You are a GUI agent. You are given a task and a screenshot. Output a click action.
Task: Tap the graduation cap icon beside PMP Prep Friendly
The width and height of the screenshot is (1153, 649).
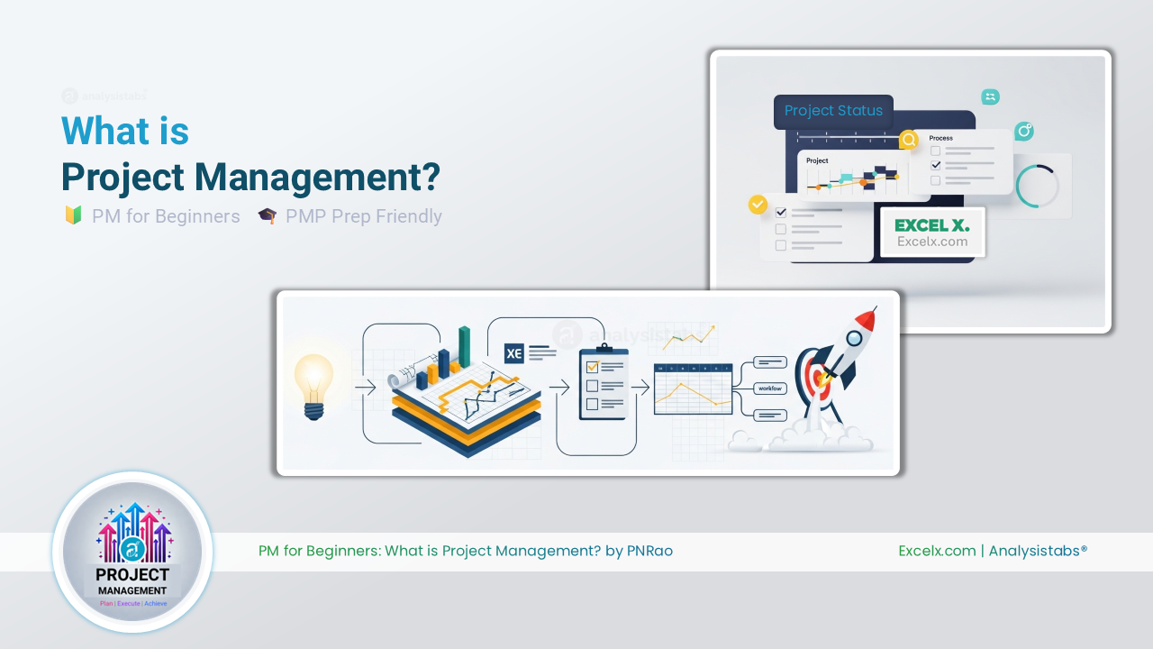267,216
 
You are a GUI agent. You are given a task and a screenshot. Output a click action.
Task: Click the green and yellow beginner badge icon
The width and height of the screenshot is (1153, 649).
73,216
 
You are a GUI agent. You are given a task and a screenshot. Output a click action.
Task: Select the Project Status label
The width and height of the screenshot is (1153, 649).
833,111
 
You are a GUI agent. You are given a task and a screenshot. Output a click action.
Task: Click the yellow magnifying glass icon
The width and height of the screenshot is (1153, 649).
909,140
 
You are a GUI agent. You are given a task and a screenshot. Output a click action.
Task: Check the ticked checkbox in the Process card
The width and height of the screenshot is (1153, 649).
936,165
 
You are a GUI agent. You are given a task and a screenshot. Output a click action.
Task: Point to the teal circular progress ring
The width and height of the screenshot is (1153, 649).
1038,186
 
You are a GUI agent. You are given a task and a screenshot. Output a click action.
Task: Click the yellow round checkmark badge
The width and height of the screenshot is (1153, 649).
758,205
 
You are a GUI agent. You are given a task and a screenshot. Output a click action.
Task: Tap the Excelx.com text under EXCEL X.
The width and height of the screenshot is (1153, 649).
932,242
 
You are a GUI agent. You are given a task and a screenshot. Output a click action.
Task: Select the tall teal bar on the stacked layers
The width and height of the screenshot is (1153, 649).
465,347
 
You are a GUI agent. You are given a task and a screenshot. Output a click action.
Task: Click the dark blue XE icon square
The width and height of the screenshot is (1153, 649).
514,354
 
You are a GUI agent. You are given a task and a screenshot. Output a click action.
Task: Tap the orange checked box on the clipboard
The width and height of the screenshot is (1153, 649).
592,367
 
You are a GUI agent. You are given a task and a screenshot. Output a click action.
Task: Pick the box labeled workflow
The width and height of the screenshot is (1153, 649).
770,388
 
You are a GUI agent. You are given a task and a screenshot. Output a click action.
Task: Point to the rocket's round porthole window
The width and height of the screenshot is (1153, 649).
853,339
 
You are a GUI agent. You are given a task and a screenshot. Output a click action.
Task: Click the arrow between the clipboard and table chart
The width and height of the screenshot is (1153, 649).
640,388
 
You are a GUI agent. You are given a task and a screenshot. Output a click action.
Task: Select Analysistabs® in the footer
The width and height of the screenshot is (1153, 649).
1038,551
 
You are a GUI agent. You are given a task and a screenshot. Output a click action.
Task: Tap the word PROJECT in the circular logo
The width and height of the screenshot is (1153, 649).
132,574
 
